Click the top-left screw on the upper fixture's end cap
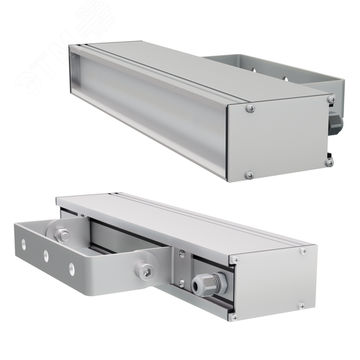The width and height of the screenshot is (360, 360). coord(250,108)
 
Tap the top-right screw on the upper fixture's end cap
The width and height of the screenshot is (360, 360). coord(330,99)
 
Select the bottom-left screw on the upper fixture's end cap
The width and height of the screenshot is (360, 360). coord(249,174)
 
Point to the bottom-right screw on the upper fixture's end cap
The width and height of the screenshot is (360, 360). coord(329,162)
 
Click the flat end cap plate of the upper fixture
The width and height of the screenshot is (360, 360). coord(288,137)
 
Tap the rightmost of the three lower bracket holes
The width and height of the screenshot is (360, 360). coord(71,268)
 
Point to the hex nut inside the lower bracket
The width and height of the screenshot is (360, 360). coord(63,234)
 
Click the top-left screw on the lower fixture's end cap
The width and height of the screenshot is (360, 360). coord(234,259)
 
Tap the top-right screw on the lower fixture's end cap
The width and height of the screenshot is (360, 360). coord(303,251)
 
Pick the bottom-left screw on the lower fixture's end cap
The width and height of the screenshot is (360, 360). coord(233,315)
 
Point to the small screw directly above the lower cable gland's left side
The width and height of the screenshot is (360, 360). coord(181,253)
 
